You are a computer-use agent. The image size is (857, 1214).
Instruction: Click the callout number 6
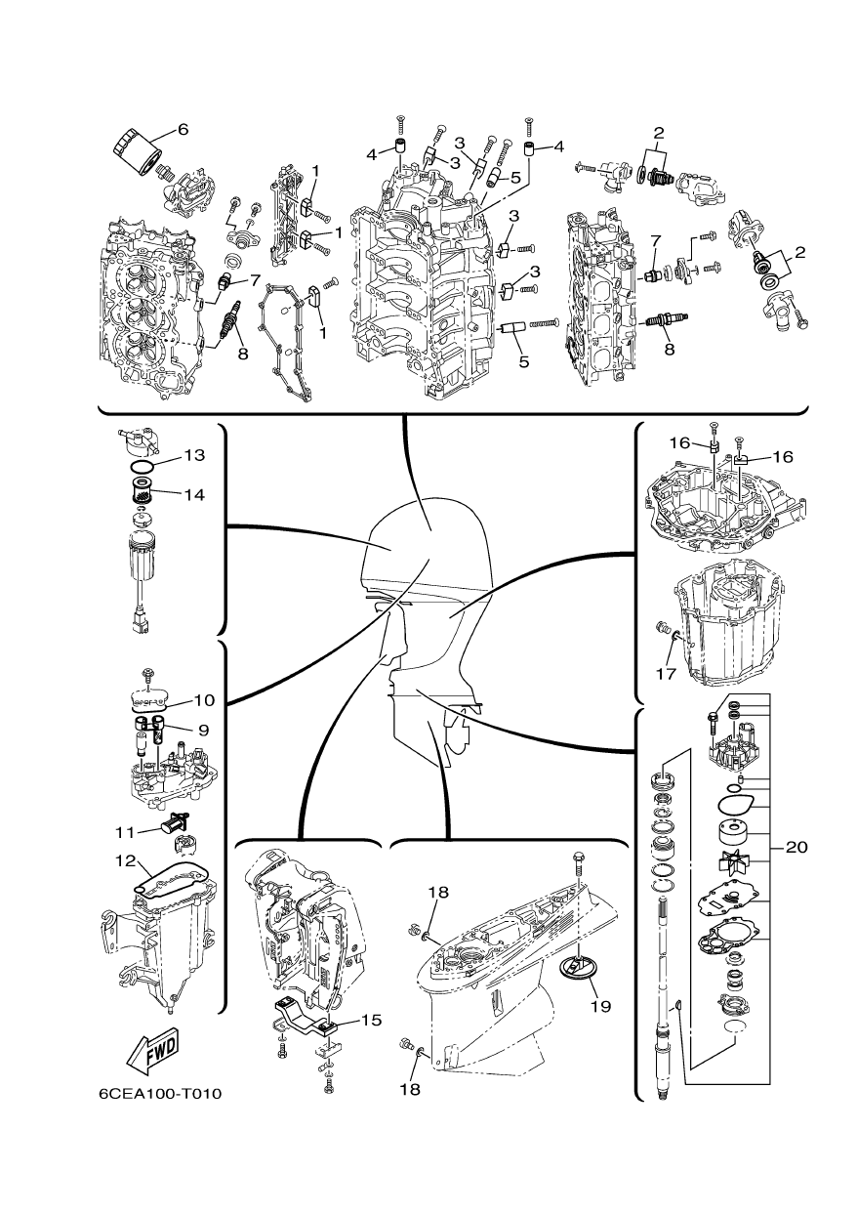(182, 129)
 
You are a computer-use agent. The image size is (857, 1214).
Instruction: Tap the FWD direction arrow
(152, 1053)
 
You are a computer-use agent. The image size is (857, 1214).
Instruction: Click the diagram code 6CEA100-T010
(160, 1093)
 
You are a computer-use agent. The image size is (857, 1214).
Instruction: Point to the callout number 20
(796, 848)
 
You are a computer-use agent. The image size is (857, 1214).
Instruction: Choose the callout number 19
(599, 1005)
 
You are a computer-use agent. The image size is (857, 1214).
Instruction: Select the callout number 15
(370, 1020)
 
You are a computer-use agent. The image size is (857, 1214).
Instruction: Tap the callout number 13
(193, 455)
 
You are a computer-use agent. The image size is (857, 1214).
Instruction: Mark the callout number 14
(193, 494)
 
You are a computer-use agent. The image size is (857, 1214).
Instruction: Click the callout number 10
(203, 699)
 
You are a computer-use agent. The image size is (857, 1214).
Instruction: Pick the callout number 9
(203, 729)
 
